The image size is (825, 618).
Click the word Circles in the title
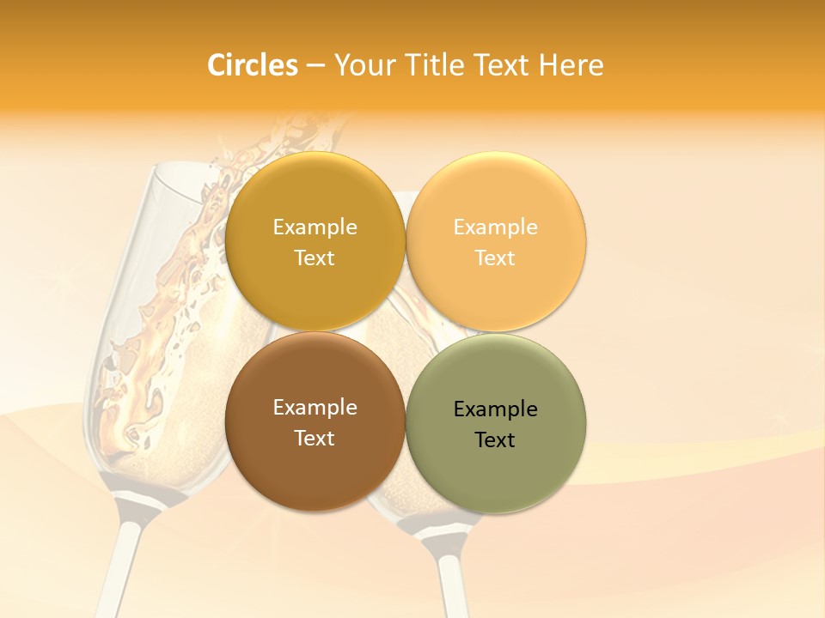click(x=252, y=65)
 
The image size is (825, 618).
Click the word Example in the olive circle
click(x=496, y=409)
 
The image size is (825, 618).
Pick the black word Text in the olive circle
click(x=495, y=440)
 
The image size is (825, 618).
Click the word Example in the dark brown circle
click(x=315, y=408)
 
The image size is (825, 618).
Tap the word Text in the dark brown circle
click(x=315, y=438)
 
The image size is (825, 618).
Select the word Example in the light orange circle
click(x=496, y=227)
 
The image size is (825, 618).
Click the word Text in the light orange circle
click(x=495, y=257)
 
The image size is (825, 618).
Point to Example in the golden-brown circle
click(x=315, y=227)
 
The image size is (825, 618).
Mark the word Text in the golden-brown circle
click(x=315, y=257)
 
